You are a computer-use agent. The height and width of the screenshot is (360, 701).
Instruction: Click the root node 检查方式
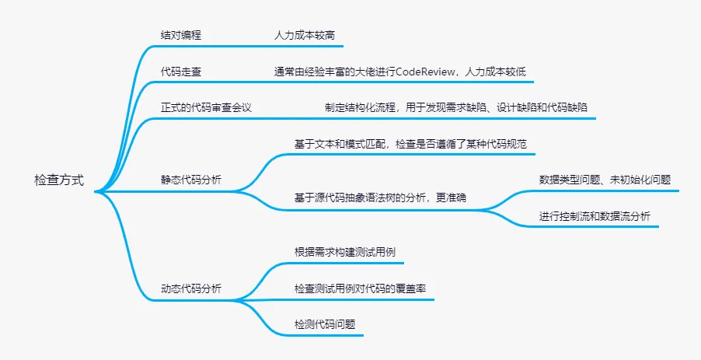click(x=59, y=180)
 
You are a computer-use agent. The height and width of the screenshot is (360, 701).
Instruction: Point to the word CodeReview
click(x=427, y=72)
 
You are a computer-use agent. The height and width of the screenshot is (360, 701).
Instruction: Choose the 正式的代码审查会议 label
click(x=206, y=107)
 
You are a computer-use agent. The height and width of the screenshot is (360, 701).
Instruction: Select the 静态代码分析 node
click(x=190, y=180)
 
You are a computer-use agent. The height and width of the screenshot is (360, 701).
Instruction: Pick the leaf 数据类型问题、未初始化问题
click(x=605, y=180)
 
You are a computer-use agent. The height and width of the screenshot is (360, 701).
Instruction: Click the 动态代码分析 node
click(x=190, y=288)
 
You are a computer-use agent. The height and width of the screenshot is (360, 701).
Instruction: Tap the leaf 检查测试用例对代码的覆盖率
click(x=359, y=288)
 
